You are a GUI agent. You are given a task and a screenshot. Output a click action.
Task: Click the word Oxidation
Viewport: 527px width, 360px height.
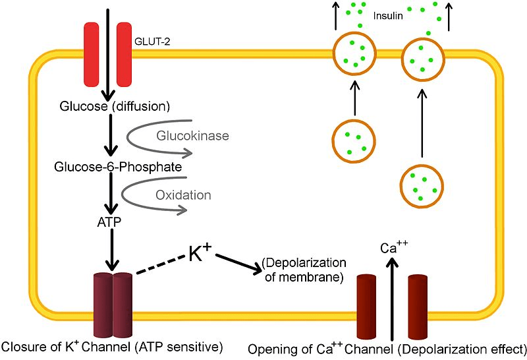pos(183,195)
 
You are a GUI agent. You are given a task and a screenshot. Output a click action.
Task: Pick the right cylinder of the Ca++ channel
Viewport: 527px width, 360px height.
pos(419,307)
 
